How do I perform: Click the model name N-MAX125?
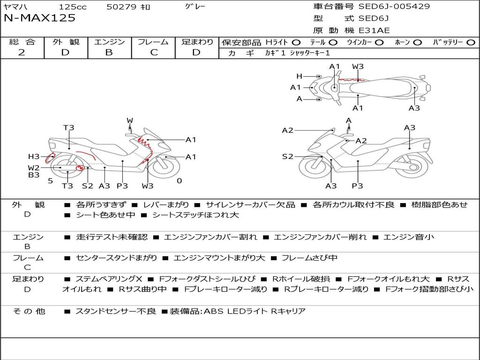point(39,18)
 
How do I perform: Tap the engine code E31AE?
point(374,30)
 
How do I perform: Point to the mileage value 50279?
point(121,7)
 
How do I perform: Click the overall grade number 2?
point(22,52)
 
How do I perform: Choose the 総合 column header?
point(22,42)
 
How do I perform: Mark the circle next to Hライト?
point(296,42)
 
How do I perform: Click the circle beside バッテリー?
point(471,42)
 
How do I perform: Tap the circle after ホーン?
point(418,42)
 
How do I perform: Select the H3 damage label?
point(34,157)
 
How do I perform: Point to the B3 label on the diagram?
point(34,175)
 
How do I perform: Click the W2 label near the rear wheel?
point(34,167)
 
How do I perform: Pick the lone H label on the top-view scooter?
point(299,76)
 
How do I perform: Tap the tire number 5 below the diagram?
point(51,181)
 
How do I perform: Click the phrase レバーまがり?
point(166,205)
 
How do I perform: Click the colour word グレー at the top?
point(195,7)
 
